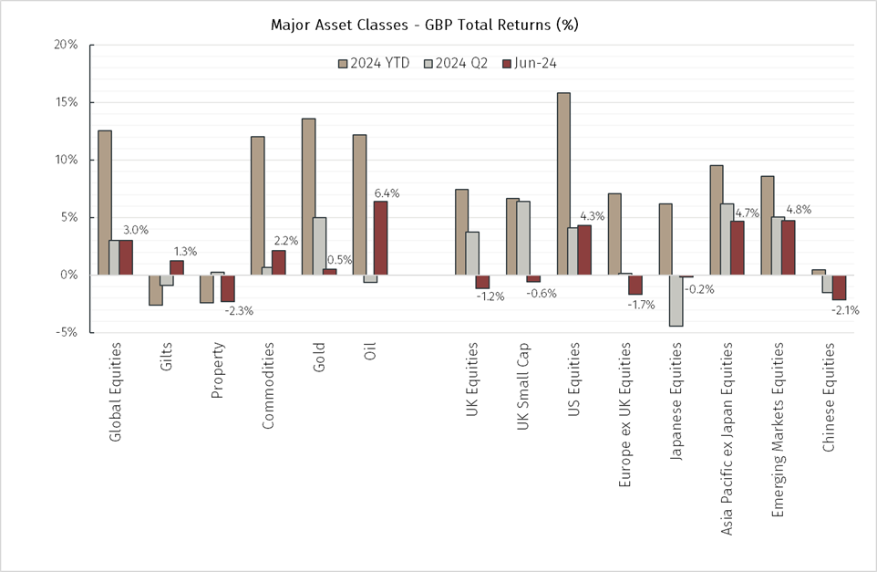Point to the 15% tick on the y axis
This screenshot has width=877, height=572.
point(66,102)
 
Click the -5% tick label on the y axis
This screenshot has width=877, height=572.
point(66,332)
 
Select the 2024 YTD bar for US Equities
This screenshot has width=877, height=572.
point(563,183)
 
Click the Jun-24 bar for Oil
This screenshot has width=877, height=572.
point(380,238)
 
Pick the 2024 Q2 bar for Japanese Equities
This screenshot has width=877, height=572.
point(676,300)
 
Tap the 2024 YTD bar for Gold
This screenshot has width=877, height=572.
point(308,196)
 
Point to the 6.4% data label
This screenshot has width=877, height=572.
point(387,193)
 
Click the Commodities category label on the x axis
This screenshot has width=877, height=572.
point(269,389)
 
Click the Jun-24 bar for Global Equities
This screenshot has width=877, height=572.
point(126,257)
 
